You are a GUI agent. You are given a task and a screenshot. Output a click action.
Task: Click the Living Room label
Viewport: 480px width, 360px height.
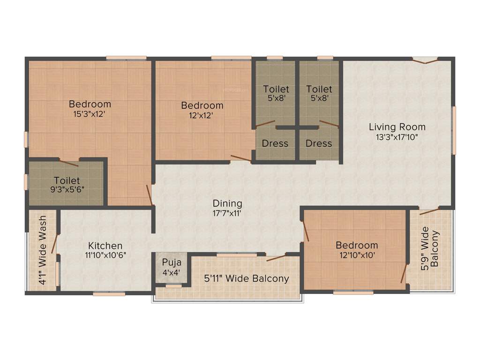point(397,127)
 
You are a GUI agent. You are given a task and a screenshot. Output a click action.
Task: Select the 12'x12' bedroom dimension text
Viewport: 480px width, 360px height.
point(202,115)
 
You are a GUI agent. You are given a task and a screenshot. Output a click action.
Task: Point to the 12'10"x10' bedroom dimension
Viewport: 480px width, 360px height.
point(357,255)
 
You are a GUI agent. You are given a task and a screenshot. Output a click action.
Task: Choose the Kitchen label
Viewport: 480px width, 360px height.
point(105,246)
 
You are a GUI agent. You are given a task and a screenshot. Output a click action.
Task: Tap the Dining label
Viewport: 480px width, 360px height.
point(227,203)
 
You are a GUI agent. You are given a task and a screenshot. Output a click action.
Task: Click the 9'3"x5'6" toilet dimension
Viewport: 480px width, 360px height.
point(67,190)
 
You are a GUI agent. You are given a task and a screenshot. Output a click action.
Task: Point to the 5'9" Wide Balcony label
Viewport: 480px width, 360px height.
point(430,248)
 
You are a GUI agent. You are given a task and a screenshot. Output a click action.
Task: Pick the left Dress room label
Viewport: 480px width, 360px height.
point(275,143)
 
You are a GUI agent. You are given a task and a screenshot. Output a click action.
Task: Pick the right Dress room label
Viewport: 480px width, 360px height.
point(319,143)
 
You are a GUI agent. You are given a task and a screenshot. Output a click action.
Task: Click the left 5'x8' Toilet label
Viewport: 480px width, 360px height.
point(276,94)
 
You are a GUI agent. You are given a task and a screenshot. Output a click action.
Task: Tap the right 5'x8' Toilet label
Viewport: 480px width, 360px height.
point(319,94)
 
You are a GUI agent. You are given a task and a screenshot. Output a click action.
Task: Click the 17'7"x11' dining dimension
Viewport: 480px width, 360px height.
point(227,213)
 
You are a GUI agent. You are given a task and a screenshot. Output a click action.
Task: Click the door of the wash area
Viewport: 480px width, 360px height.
point(54,243)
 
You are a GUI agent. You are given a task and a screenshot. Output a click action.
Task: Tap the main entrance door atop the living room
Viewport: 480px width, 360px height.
point(425,60)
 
